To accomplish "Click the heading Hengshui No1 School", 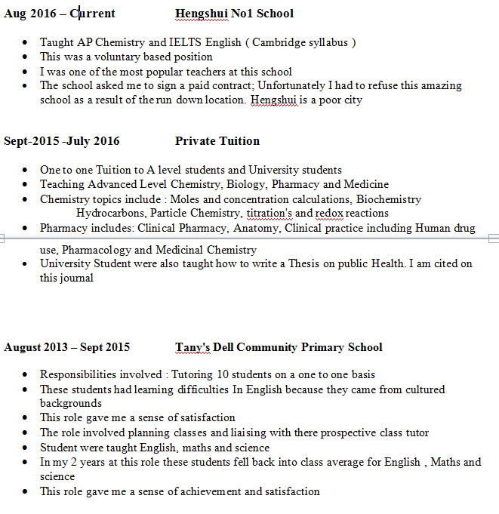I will [x=234, y=14].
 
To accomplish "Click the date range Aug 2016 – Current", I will [x=60, y=14].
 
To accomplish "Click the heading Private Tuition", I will [x=217, y=141].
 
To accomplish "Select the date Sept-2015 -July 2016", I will [x=61, y=141].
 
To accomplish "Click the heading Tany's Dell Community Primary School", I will [x=279, y=348].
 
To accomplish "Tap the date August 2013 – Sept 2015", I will [x=67, y=348].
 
